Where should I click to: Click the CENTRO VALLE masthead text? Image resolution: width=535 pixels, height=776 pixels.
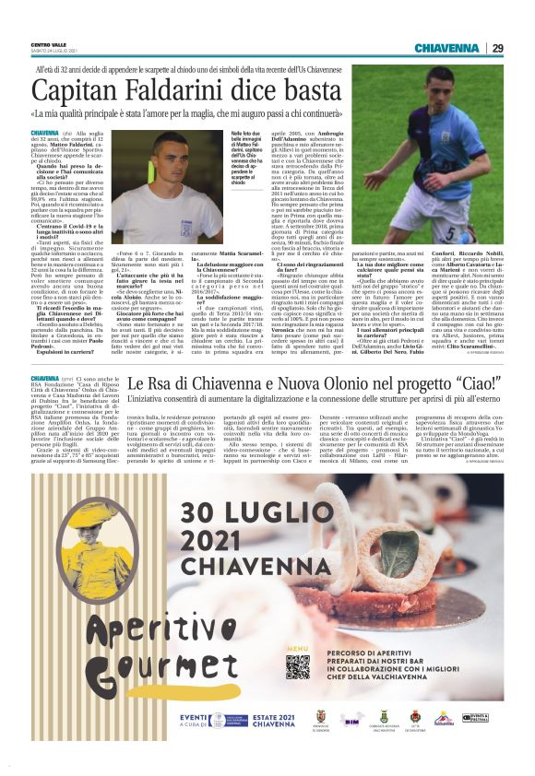(47, 43)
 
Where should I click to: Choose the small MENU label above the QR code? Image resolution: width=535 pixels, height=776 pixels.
(296, 649)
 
